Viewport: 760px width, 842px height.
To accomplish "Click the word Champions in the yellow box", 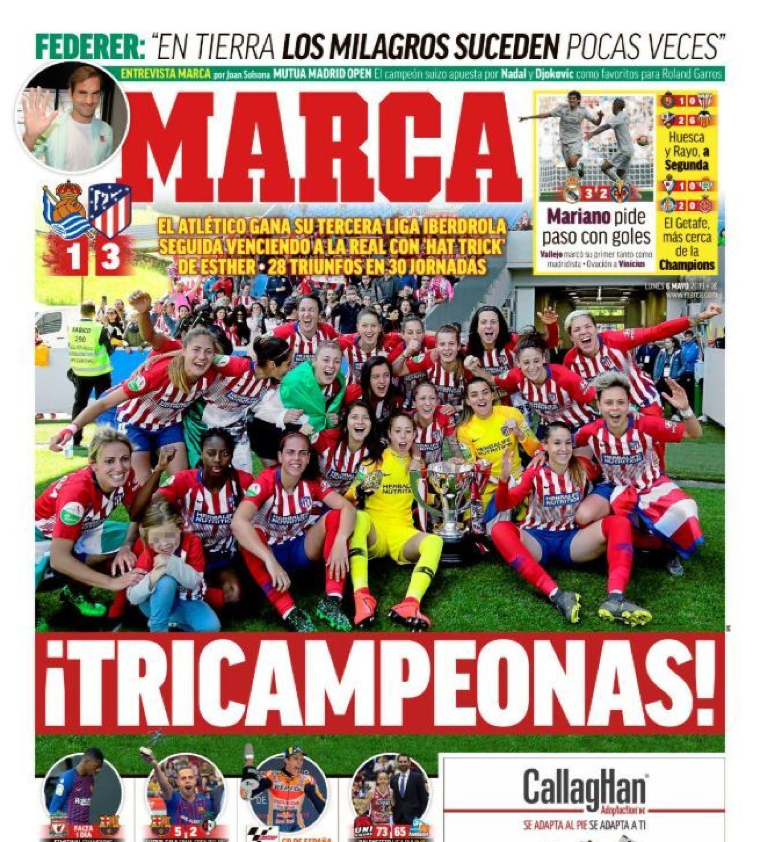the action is click(x=686, y=265).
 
